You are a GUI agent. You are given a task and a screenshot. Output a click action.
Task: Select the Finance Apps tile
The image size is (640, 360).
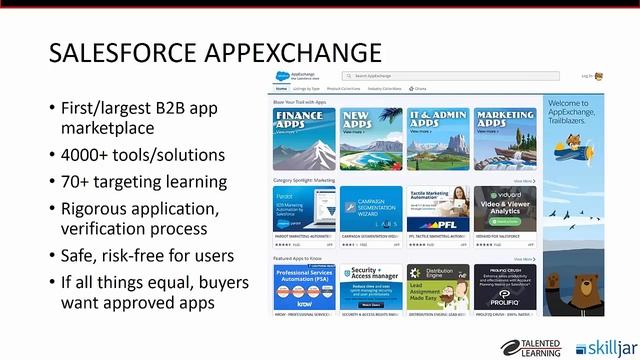point(303,138)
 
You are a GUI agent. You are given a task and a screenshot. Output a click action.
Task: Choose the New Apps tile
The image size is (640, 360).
point(370,138)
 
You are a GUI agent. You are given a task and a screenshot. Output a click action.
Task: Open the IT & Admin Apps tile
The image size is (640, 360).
point(437,138)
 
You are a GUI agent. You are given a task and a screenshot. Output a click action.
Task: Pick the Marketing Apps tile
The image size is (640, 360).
point(505,138)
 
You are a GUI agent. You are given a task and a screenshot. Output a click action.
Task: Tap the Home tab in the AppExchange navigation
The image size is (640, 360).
point(281,88)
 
